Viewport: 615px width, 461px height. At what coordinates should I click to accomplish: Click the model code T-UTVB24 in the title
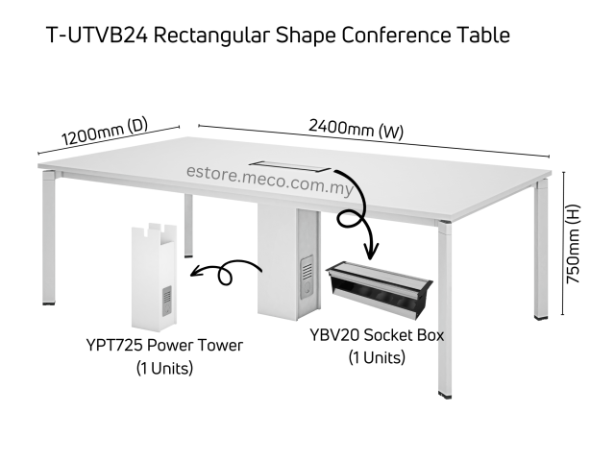(96, 36)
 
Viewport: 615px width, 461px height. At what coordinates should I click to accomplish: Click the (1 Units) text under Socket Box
(377, 358)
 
